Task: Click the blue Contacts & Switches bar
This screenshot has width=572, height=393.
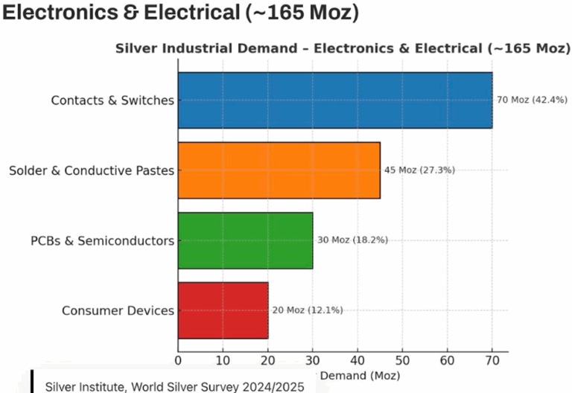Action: pyautogui.click(x=335, y=100)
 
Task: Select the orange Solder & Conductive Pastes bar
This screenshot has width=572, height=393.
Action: pyautogui.click(x=279, y=170)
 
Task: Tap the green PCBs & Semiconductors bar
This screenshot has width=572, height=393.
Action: pyautogui.click(x=245, y=240)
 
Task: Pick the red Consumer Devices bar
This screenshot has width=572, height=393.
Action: pyautogui.click(x=223, y=310)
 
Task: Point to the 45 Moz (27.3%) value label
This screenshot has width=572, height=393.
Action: pyautogui.click(x=419, y=170)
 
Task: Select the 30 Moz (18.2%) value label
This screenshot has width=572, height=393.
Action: pyautogui.click(x=352, y=240)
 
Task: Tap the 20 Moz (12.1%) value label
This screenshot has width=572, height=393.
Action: pyautogui.click(x=308, y=310)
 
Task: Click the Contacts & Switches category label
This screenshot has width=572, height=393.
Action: pyautogui.click(x=112, y=100)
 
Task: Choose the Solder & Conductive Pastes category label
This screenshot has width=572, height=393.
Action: pyautogui.click(x=92, y=170)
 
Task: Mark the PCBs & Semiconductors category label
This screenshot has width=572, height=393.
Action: pyautogui.click(x=102, y=240)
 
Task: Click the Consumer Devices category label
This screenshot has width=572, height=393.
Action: pyautogui.click(x=118, y=310)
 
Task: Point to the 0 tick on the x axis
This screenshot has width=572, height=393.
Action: pyautogui.click(x=178, y=361)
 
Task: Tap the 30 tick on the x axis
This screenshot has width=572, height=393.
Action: pyautogui.click(x=313, y=361)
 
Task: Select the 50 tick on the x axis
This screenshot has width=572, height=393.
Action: pyautogui.click(x=402, y=361)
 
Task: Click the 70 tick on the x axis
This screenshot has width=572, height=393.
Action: pyautogui.click(x=492, y=361)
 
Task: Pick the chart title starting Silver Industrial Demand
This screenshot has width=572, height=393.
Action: pyautogui.click(x=343, y=48)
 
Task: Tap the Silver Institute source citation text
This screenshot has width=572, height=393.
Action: pyautogui.click(x=175, y=386)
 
